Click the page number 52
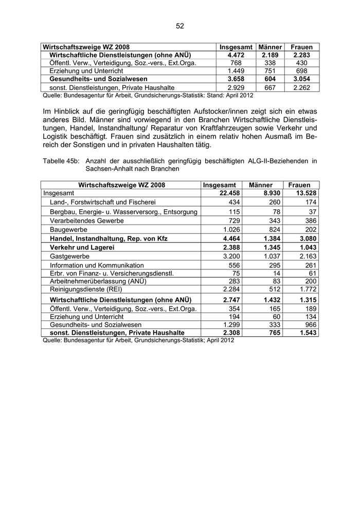pyautogui.click(x=180, y=26)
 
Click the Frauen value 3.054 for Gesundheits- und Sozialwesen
pyautogui.click(x=301, y=79)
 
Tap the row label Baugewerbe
pyautogui.click(x=68, y=229)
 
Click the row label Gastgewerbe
pyautogui.click(x=70, y=256)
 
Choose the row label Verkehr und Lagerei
pyautogui.click(x=81, y=247)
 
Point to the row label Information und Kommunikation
pyautogui.click(x=89, y=264)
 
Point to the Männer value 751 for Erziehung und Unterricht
pyautogui.click(x=270, y=71)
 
